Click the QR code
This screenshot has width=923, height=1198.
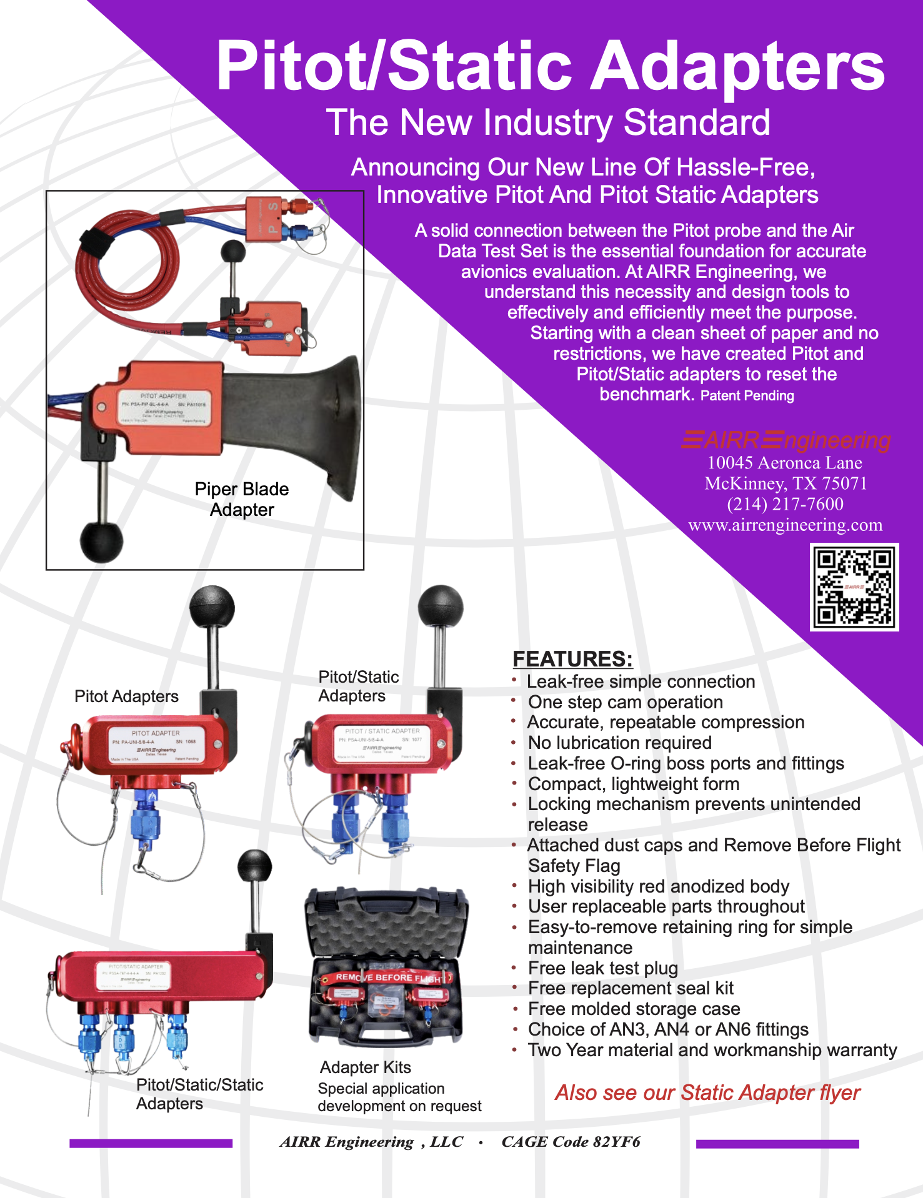[x=854, y=587]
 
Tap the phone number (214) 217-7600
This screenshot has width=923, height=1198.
[x=785, y=504]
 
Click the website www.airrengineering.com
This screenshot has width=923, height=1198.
[x=785, y=525]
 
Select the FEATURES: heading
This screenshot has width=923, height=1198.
[x=572, y=659]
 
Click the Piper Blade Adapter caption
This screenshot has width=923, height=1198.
[x=242, y=499]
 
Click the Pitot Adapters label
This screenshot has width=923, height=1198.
[x=126, y=696]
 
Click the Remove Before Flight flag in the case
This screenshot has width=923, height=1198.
[x=386, y=978]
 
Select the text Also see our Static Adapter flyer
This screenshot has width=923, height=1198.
[x=707, y=1092]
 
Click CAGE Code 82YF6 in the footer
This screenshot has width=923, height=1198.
[x=571, y=1142]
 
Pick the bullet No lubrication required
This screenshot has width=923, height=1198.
[x=619, y=743]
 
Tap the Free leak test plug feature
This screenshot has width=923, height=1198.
[x=602, y=968]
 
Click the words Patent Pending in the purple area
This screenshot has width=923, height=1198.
[x=747, y=396]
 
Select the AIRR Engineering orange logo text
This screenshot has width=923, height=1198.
[x=786, y=440]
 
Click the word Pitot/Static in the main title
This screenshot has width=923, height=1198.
[x=394, y=66]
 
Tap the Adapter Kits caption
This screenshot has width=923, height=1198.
[x=365, y=1067]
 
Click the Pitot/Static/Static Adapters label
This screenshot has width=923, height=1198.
[x=199, y=1094]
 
